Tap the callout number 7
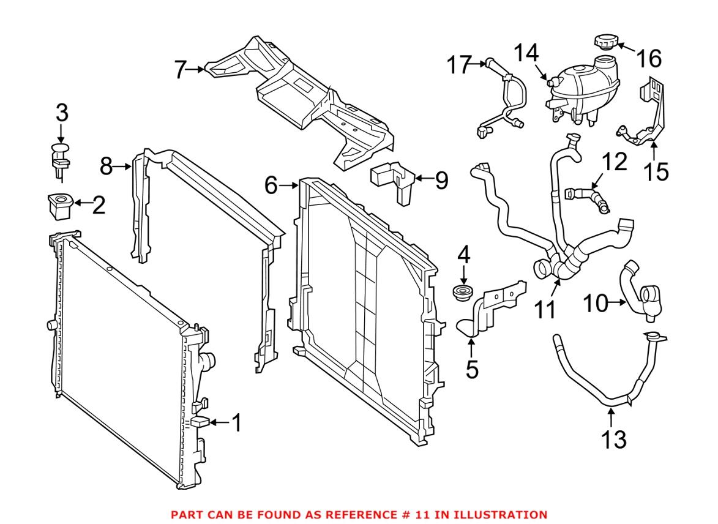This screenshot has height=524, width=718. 179,70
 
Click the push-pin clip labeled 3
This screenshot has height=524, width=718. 59,157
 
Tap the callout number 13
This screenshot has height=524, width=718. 613,439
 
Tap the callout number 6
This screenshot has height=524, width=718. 271,184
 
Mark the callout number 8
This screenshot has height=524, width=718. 107,165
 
